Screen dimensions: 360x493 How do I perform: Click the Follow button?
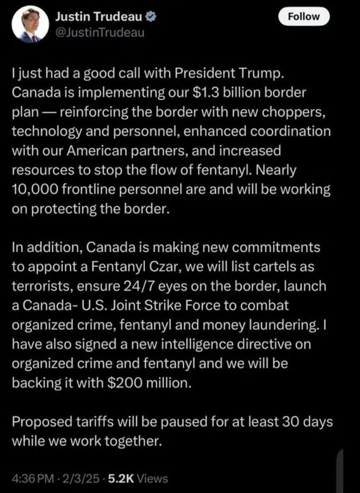[x=304, y=16]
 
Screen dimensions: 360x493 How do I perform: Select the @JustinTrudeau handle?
[x=100, y=33]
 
